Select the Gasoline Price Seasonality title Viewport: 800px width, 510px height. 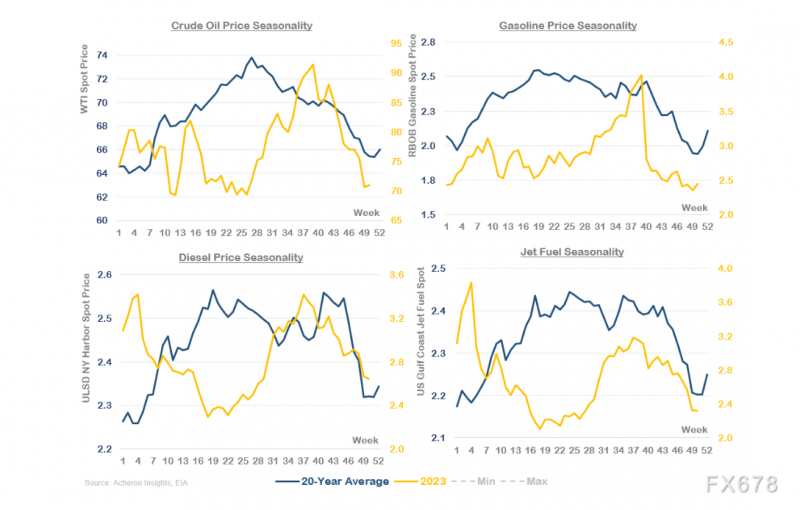click(x=566, y=24)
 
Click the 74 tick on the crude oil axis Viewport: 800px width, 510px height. click(x=104, y=55)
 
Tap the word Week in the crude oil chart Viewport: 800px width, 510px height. click(x=366, y=212)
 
